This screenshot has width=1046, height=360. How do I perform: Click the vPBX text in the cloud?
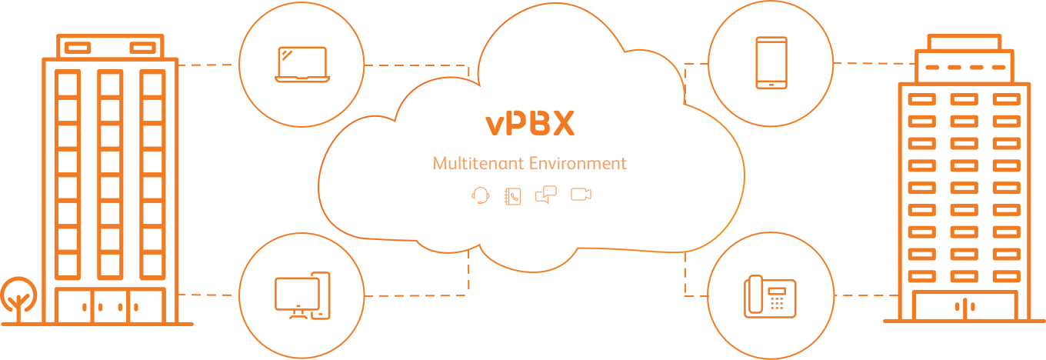530,124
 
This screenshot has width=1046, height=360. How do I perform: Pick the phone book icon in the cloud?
512,195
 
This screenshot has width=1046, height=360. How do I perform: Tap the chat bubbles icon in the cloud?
545,195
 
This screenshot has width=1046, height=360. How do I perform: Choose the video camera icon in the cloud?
581,195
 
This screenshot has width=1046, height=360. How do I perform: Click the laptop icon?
303,65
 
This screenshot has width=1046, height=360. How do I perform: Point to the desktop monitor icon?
298,293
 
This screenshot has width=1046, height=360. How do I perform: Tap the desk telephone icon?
770,296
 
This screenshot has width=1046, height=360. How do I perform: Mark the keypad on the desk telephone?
778,302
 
